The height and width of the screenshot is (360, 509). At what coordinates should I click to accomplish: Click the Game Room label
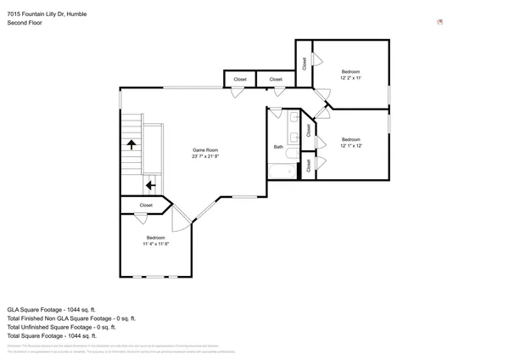click(205, 150)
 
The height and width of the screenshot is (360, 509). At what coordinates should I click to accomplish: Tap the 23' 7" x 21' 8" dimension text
click(205, 156)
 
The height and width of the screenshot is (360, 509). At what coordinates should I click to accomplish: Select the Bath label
click(278, 147)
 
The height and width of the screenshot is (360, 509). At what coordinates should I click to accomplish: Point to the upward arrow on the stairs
click(132, 144)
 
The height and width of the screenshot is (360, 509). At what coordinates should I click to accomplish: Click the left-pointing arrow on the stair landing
click(150, 184)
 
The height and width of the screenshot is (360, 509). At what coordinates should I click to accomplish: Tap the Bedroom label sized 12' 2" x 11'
click(351, 71)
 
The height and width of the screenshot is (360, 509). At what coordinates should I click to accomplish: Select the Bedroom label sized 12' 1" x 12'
click(351, 139)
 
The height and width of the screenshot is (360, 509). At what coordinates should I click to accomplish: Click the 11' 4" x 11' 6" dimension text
click(156, 244)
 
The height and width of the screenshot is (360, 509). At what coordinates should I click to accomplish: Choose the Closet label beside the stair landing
click(146, 205)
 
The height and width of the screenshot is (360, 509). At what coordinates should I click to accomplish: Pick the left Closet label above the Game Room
click(240, 80)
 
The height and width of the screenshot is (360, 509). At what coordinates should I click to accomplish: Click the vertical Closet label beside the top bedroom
click(305, 63)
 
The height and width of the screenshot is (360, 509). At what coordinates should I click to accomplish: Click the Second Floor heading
click(25, 23)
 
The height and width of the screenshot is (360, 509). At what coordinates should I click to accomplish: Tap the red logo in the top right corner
click(439, 22)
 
